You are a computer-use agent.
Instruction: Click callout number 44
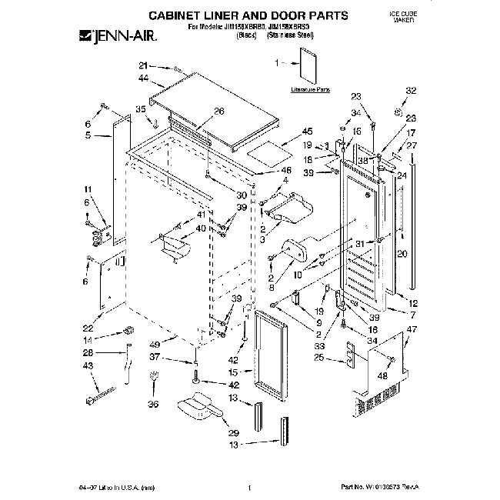tap(144, 79)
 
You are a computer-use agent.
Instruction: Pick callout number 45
tap(308, 131)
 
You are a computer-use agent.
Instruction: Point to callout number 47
tap(412, 329)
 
